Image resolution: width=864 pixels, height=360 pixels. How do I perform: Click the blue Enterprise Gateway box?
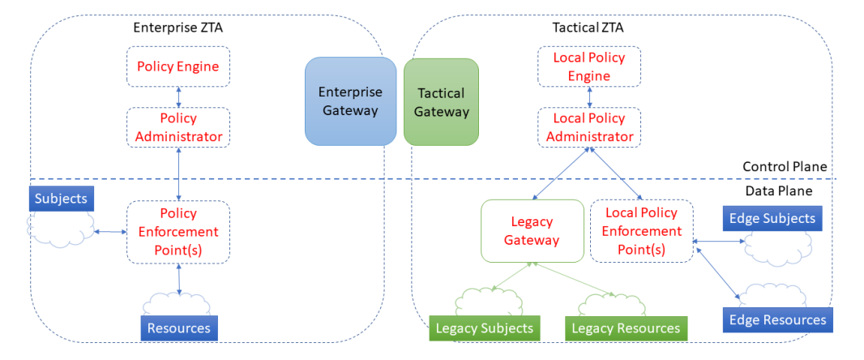pos(350,101)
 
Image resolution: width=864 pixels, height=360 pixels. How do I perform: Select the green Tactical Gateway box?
pos(442,102)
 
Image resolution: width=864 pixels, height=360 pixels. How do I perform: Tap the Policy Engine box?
pos(178,66)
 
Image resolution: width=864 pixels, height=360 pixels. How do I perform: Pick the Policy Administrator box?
pos(178,127)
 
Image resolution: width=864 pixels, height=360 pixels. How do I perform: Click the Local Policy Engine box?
pos(589,66)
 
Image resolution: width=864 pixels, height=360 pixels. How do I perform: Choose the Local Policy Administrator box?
pos(589,127)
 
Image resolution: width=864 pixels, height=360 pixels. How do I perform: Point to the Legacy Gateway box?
pos(533,231)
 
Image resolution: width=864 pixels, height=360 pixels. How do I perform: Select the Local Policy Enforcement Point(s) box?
pos(641,231)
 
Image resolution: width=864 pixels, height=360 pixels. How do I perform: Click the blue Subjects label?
pos(61,199)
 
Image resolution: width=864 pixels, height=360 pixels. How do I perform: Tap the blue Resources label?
pos(179,328)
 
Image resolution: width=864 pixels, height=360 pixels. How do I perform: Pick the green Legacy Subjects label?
pos(485,328)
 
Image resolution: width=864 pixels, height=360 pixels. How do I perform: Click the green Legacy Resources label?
pos(626,328)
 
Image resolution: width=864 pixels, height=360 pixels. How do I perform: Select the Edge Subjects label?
pos(772,218)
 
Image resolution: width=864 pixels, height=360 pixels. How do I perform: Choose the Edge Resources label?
pos(777,319)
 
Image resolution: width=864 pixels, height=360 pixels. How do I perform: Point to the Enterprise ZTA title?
pos(178,28)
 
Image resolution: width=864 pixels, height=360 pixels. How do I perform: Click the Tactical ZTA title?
pos(588,28)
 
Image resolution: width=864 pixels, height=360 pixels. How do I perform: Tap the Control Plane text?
pos(785,167)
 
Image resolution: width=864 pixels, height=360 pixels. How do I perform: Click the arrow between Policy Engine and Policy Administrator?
pos(178,97)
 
